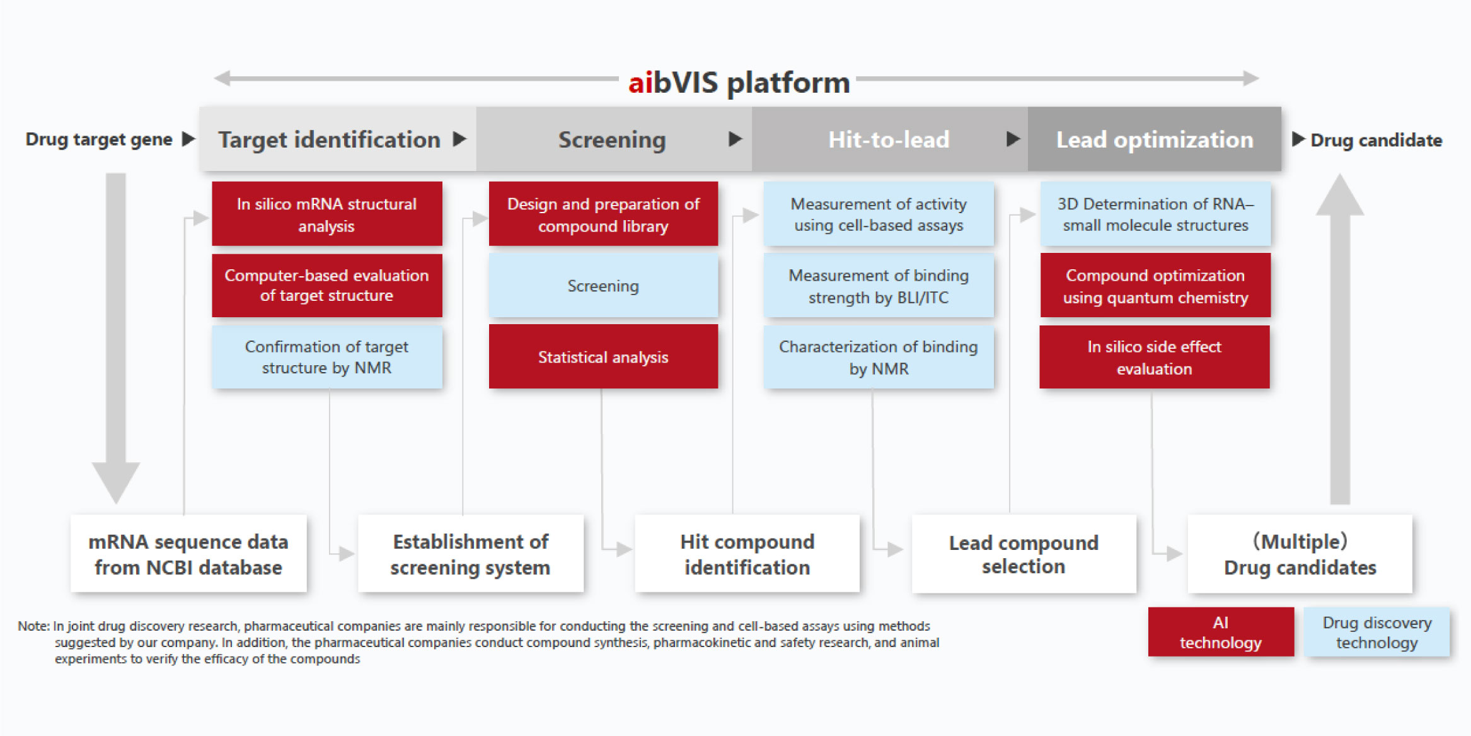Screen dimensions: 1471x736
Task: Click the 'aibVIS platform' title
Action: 739,83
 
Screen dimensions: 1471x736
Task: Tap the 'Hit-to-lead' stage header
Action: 889,139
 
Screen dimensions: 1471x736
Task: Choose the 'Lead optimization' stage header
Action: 1155,139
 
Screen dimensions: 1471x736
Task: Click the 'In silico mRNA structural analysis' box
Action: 327,214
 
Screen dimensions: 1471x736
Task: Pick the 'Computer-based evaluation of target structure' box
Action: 327,286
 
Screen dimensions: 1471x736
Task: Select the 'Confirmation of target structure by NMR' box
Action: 327,357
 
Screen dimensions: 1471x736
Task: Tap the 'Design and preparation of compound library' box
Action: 603,214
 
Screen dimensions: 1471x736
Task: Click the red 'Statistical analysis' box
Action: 603,357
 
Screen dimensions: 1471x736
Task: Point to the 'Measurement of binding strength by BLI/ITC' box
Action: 879,286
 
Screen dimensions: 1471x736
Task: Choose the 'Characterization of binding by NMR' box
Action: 879,357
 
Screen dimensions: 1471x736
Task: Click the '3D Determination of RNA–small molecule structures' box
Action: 1155,214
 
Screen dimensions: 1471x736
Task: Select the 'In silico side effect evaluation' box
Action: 1155,357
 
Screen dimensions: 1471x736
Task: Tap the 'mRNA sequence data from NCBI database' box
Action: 188,554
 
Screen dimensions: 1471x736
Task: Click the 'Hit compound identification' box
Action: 747,554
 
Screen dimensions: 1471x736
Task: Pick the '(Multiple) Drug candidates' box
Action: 1300,554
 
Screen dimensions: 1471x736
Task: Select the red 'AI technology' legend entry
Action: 1221,632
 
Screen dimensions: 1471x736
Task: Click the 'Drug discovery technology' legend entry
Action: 1377,632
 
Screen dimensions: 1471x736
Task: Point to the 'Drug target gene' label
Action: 99,139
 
